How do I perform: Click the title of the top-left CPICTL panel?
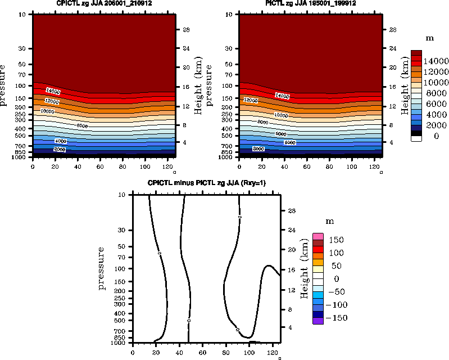tap(105, 3)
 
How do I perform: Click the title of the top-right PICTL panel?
tap(311, 3)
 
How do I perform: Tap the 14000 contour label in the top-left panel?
tap(53, 91)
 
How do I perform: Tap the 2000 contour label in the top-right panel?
tap(259, 149)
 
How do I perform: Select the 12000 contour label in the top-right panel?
tap(251, 100)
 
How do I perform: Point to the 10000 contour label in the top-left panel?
tap(48, 111)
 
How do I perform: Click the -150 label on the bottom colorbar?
tap(335, 318)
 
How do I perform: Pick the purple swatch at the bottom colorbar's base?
tap(319, 321)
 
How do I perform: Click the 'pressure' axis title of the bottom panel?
tap(102, 268)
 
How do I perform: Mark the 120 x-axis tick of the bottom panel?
tap(272, 353)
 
